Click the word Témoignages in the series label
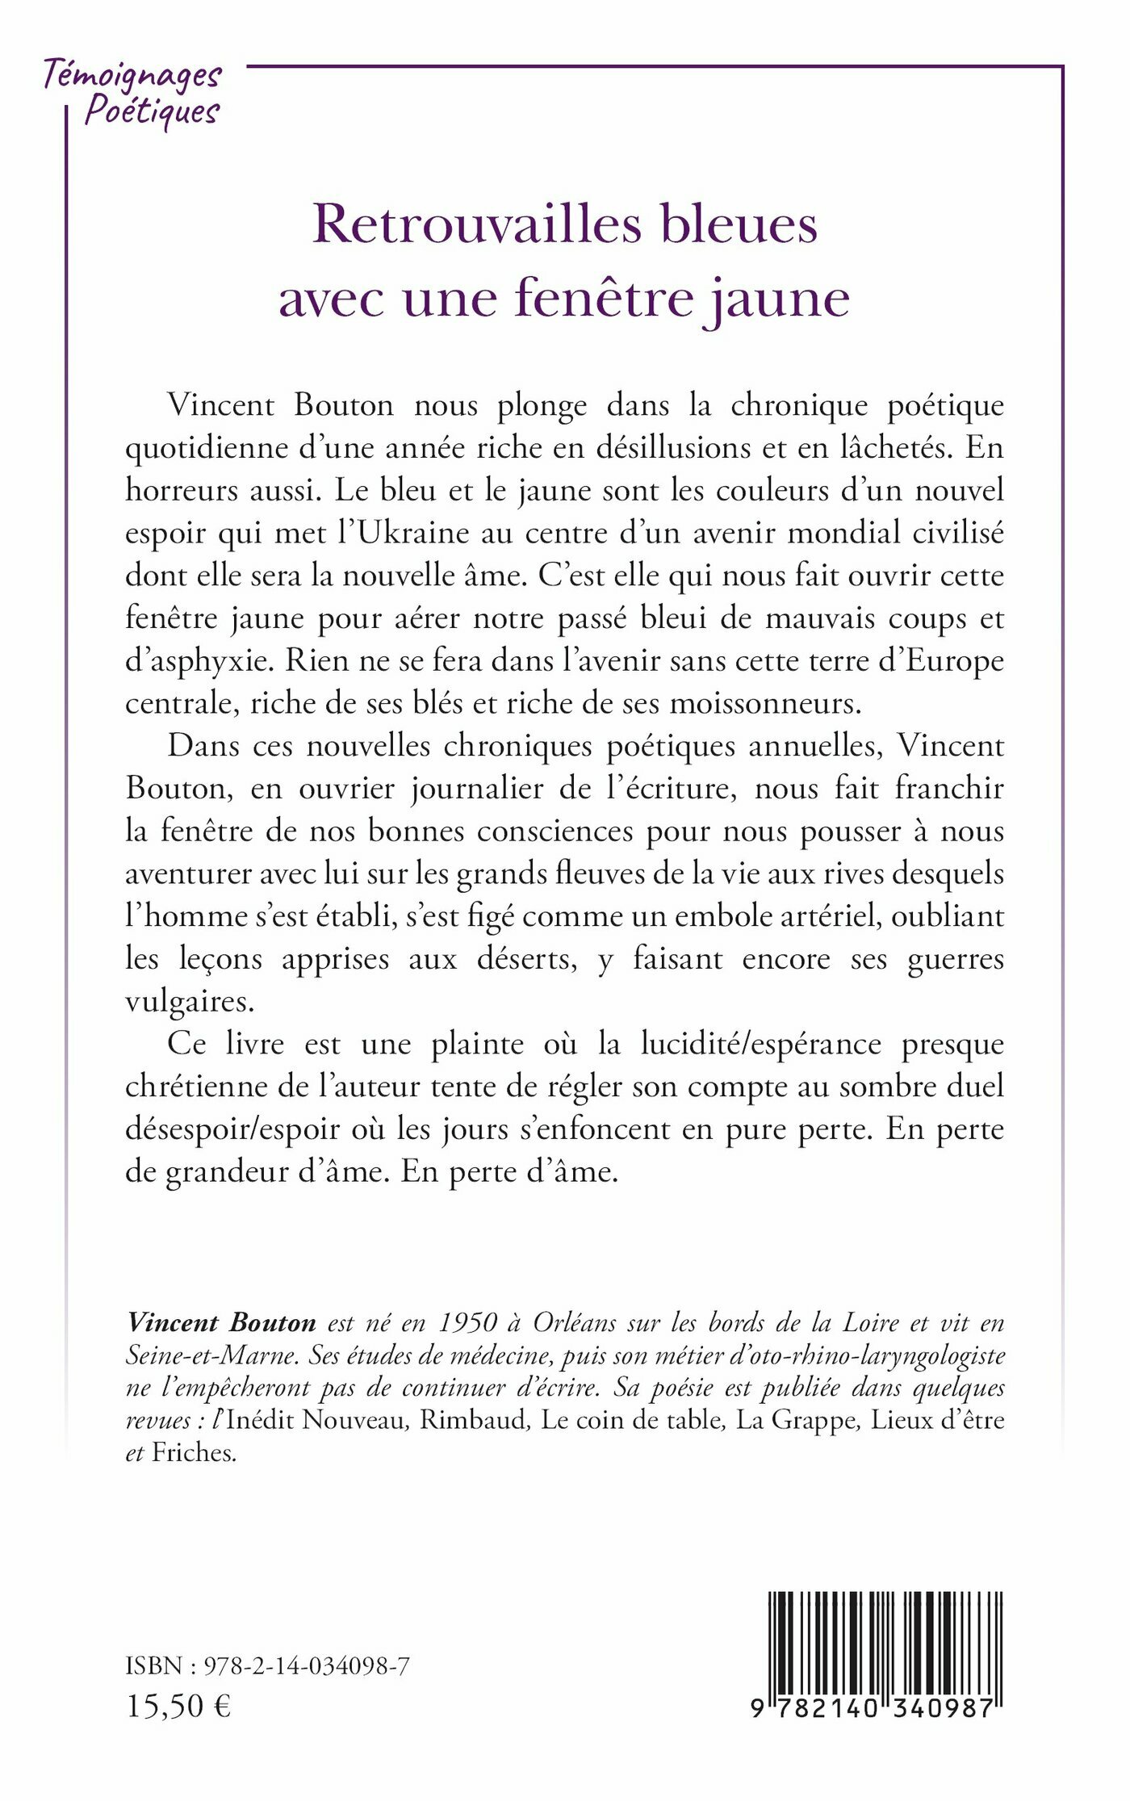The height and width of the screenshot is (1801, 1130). click(x=132, y=76)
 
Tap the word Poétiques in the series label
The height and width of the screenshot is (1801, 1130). click(x=152, y=111)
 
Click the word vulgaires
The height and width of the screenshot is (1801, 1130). click(x=190, y=1002)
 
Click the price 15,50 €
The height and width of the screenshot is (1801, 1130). click(x=178, y=1705)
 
